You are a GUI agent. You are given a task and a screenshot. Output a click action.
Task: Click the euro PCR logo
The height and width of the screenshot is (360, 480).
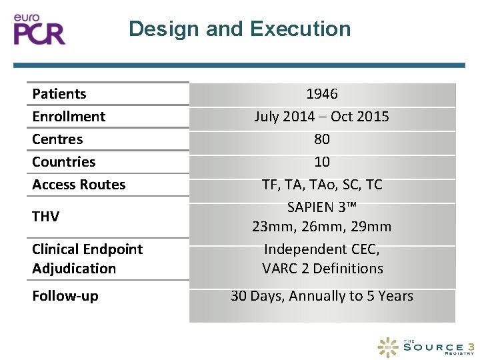(40, 29)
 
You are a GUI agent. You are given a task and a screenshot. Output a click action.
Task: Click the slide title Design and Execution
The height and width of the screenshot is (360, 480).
(239, 29)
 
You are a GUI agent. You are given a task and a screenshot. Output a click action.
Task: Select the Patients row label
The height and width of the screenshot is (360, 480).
(59, 94)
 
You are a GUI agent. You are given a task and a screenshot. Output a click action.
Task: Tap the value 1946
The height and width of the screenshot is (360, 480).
(322, 94)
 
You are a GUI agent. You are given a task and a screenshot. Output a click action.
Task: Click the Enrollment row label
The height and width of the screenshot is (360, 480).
(69, 117)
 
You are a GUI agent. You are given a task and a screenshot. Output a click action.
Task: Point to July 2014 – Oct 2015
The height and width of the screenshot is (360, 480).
(322, 117)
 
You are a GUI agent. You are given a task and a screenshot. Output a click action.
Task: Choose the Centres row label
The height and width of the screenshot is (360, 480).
(57, 139)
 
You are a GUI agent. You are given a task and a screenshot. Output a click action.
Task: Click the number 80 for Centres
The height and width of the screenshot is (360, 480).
(322, 139)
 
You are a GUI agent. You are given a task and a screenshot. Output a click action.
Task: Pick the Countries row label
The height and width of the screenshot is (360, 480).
(64, 162)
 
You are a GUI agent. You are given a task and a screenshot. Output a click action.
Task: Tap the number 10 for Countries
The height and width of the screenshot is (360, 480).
(322, 162)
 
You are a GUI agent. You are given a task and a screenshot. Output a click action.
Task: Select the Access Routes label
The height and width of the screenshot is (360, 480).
(79, 185)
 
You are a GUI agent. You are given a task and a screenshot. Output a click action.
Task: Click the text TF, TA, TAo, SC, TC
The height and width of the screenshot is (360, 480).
(322, 185)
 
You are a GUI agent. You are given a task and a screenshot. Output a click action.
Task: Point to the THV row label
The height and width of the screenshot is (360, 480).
(46, 217)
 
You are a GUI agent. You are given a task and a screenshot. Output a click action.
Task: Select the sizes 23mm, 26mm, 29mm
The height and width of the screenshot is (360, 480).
(322, 227)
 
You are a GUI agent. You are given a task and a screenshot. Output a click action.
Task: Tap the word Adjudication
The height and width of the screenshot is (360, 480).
(74, 269)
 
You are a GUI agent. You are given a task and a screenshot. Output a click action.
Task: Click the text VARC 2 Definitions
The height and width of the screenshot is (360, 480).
(323, 269)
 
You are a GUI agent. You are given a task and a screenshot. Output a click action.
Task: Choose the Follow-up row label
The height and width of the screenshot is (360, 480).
(65, 296)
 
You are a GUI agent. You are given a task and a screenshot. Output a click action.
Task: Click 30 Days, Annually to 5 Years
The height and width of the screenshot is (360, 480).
(322, 296)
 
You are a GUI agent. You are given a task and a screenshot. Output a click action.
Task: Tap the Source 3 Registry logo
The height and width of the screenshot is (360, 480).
(427, 347)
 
